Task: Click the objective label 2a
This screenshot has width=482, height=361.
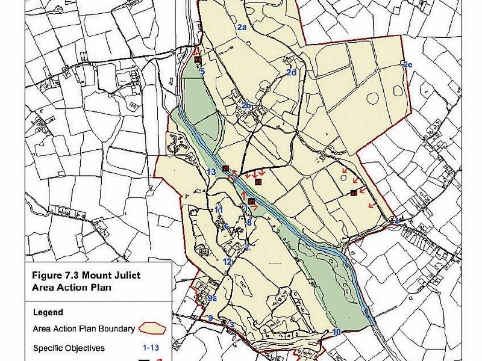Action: coord(242,28)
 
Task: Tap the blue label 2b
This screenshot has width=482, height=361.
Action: coord(246,106)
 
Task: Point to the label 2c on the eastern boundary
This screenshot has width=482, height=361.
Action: coord(407,65)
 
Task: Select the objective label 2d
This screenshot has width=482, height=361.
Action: coord(291,73)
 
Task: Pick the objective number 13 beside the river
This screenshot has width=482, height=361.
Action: coord(211,173)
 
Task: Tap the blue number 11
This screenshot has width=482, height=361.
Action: coord(219,209)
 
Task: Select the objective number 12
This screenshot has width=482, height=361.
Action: coord(227,262)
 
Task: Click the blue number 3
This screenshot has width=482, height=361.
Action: coord(231,326)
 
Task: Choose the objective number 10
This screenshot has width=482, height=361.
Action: coord(336,332)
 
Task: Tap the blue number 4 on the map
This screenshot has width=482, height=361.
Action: coord(396,221)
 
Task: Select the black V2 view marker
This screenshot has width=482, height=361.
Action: coord(258,182)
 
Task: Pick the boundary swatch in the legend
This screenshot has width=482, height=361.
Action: coord(154,329)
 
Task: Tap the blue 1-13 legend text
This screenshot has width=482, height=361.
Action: coord(149,348)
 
